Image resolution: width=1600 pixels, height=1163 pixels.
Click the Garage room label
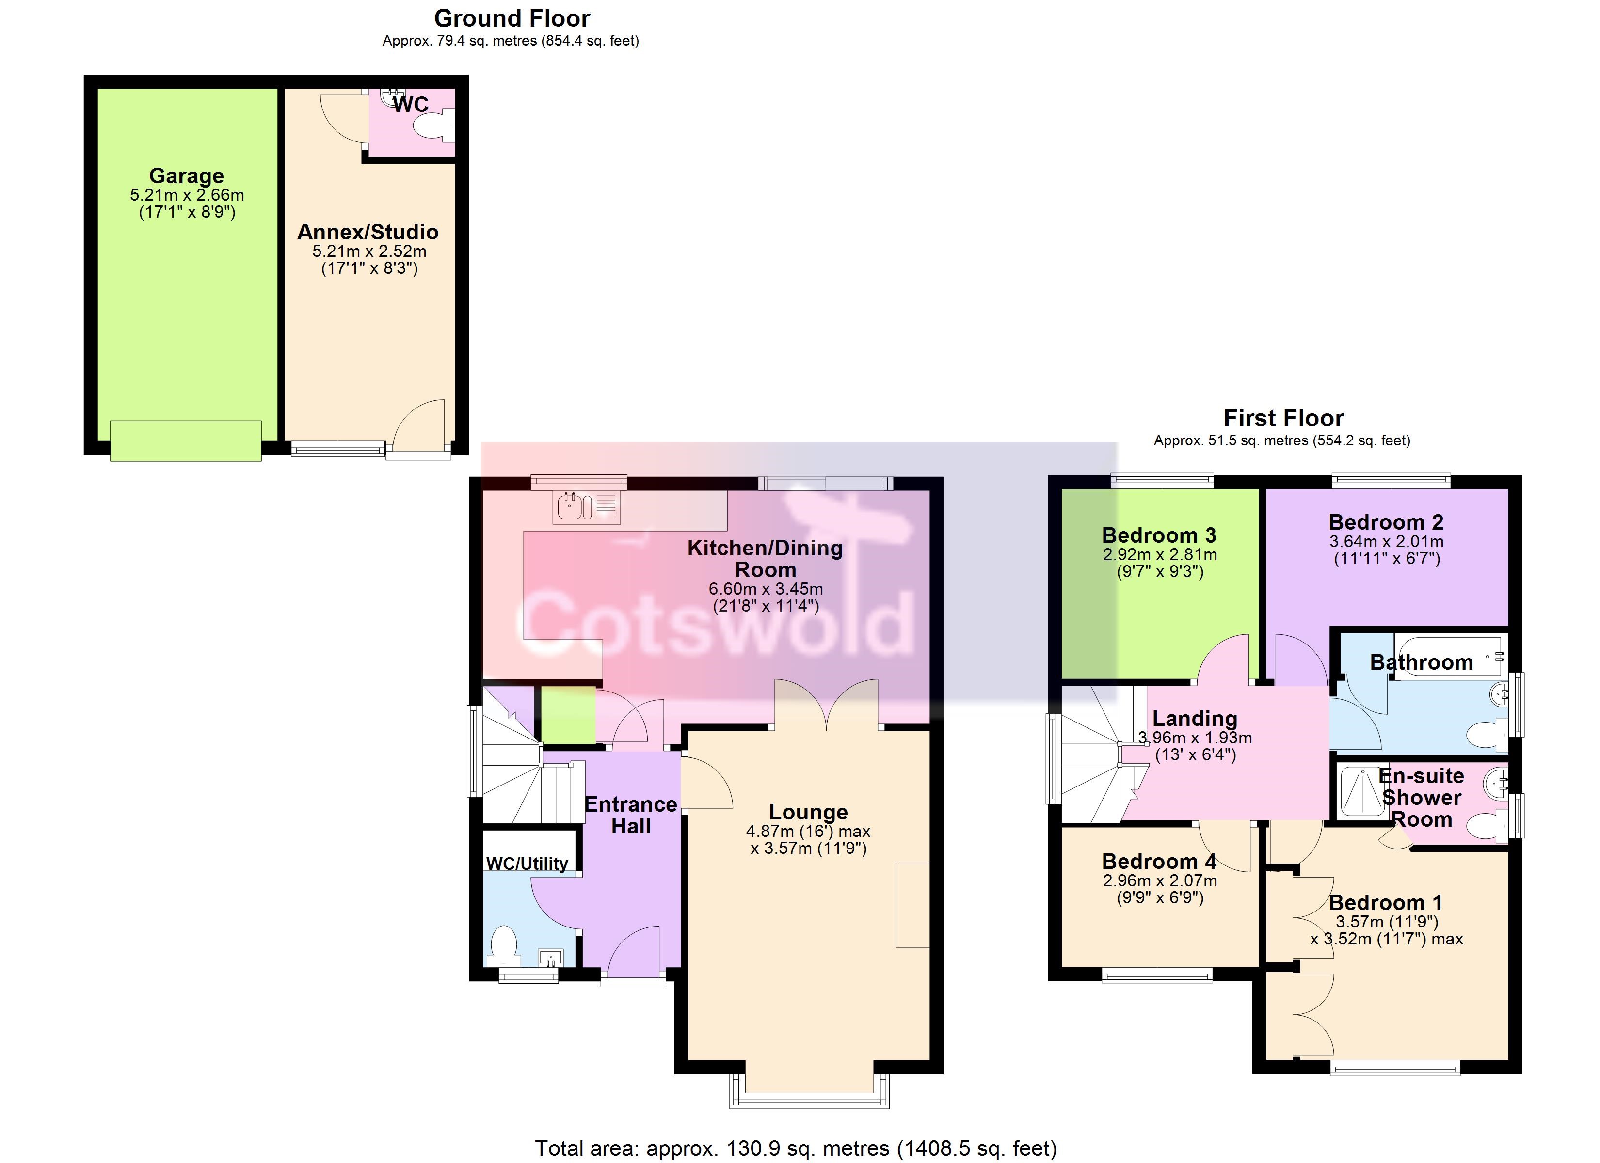(186, 175)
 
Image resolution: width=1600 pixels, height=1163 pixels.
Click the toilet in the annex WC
(433, 127)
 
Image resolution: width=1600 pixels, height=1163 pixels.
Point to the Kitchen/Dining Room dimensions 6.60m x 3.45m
(766, 589)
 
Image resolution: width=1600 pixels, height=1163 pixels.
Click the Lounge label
(808, 813)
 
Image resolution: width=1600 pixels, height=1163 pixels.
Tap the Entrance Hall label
(631, 815)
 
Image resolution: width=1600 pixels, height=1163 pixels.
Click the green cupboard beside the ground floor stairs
(568, 715)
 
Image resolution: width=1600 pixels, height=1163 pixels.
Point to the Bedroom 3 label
(1159, 535)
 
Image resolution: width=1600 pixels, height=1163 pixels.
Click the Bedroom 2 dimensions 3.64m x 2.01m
(1386, 542)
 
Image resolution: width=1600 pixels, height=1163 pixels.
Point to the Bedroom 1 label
(1386, 903)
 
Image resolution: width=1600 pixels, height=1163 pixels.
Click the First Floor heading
(1283, 418)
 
